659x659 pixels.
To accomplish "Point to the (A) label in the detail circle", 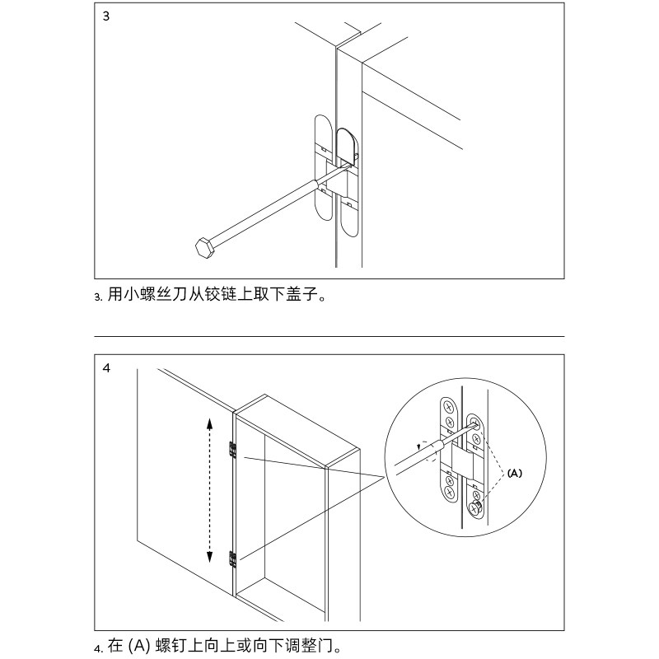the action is pyautogui.click(x=514, y=473).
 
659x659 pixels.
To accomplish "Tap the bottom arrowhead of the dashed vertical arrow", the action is pyautogui.click(x=209, y=556).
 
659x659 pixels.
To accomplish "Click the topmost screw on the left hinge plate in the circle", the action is pyautogui.click(x=448, y=407).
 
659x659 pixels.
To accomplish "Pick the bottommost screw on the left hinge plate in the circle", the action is pyautogui.click(x=449, y=492).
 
